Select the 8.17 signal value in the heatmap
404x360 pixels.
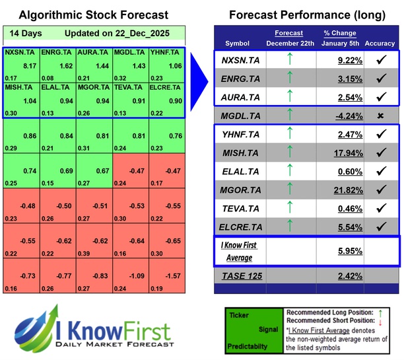[x=29, y=66]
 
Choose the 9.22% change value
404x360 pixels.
[x=331, y=60]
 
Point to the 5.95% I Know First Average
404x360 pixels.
[x=331, y=251]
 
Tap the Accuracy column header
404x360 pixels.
[x=379, y=44]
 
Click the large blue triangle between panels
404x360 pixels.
[x=199, y=73]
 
